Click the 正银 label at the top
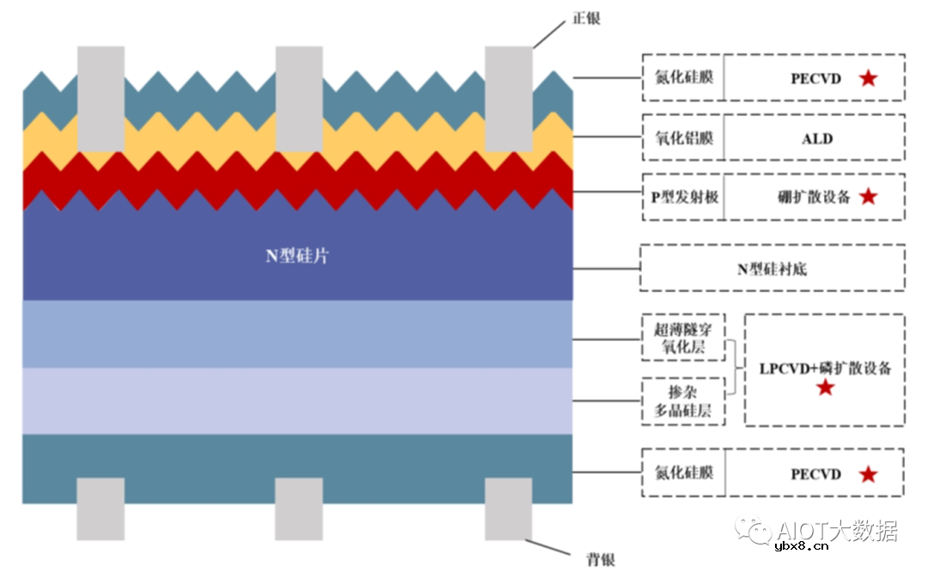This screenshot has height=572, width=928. [586, 18]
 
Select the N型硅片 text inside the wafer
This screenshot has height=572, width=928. [296, 256]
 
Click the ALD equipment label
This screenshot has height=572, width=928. [816, 138]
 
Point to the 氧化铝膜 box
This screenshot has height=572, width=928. [683, 138]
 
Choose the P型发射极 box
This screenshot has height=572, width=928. [684, 197]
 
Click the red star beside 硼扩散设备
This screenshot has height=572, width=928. [868, 197]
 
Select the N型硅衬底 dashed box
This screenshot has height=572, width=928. [772, 269]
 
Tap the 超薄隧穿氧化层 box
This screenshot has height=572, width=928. [683, 338]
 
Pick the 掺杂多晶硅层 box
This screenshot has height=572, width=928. [683, 401]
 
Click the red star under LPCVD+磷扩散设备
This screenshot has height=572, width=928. [825, 388]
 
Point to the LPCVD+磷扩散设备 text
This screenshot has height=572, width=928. [825, 368]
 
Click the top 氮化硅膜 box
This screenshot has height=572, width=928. [683, 78]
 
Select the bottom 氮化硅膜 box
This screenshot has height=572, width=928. [683, 473]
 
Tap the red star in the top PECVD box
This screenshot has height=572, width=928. [868, 78]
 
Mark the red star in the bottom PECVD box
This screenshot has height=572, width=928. [868, 474]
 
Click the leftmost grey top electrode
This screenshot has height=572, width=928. [101, 98]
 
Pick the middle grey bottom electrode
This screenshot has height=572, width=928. [298, 508]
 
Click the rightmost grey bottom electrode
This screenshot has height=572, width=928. [508, 508]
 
